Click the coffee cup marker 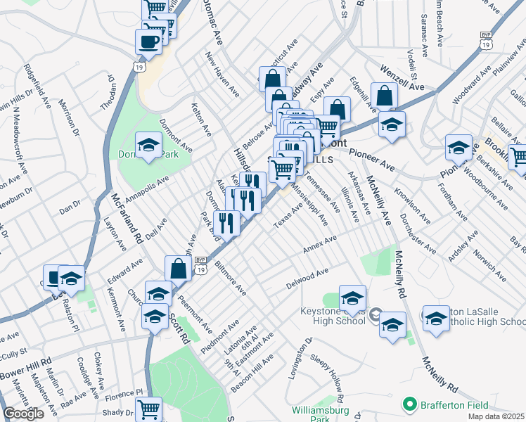[x=148, y=41]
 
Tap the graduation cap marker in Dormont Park [x=148, y=146]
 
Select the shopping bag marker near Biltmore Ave [x=178, y=267]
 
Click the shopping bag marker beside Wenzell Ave [x=385, y=96]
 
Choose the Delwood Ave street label [x=307, y=279]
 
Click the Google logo [x=23, y=414]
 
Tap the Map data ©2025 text [x=496, y=416]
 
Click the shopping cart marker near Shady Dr [x=148, y=409]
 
